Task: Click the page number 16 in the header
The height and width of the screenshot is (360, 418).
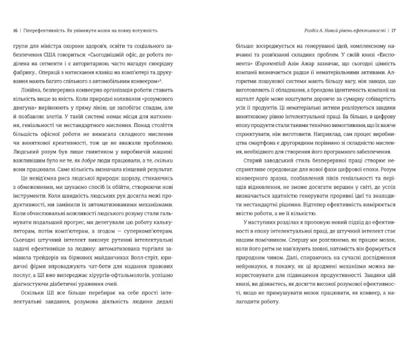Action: pyautogui.click(x=14, y=30)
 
